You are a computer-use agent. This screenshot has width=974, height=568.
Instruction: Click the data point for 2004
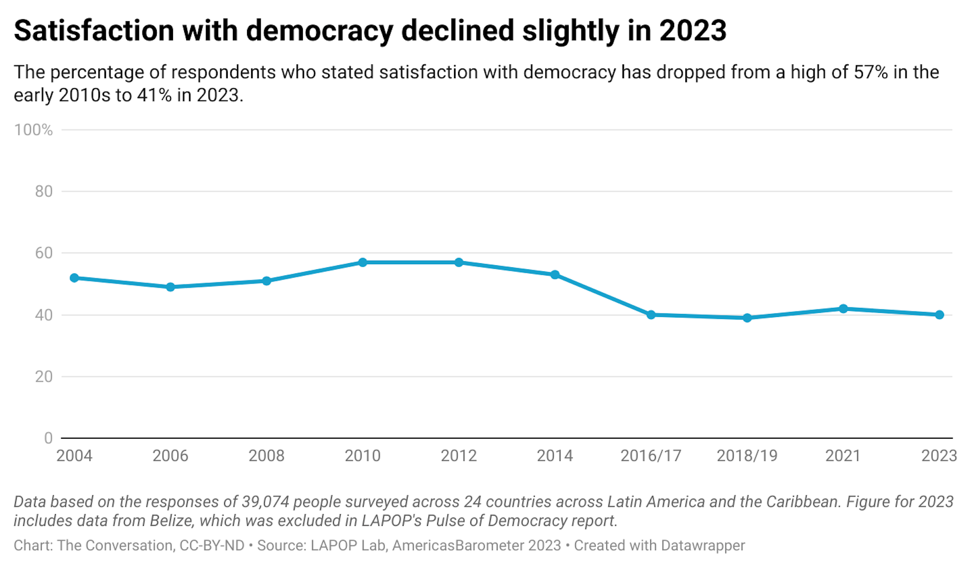[75, 278]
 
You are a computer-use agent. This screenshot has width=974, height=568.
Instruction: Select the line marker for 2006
[170, 287]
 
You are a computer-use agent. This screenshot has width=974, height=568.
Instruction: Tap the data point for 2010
[363, 262]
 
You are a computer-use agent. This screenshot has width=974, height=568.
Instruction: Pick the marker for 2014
[555, 275]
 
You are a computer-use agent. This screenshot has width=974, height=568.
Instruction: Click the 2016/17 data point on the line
[651, 315]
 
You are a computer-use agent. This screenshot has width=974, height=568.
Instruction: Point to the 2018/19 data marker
[747, 318]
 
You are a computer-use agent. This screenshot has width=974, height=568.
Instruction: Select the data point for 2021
[843, 309]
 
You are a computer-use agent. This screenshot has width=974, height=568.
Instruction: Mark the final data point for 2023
[940, 315]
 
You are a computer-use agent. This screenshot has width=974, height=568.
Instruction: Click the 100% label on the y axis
[33, 130]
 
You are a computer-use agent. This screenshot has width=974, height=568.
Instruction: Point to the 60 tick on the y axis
[44, 253]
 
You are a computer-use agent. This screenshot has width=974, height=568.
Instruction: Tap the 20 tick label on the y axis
[44, 377]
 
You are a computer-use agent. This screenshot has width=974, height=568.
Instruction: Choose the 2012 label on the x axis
[459, 456]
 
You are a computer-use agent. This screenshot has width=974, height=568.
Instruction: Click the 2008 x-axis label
[266, 456]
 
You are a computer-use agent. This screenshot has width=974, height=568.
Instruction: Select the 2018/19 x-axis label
[747, 456]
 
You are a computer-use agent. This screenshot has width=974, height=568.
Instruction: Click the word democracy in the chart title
[320, 31]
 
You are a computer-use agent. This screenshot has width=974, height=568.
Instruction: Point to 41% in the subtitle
[154, 95]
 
